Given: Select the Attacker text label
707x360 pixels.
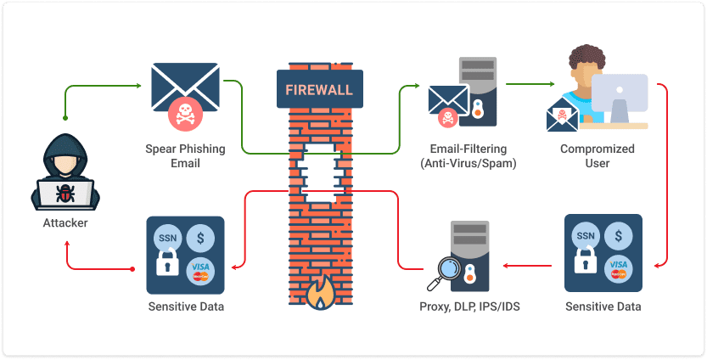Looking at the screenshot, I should [x=65, y=223].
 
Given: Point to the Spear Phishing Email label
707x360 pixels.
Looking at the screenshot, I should [x=185, y=155].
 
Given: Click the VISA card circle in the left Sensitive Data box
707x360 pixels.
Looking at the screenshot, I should [x=200, y=270].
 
